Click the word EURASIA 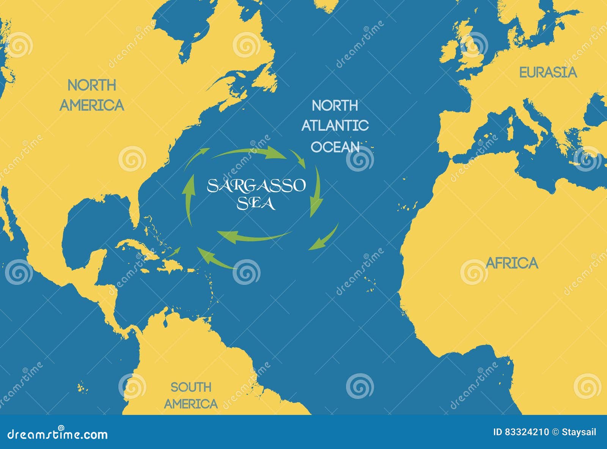point(548,72)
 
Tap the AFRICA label point(512,263)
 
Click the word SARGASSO point(256,186)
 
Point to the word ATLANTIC point(335,125)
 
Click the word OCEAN point(335,147)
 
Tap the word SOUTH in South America point(190,387)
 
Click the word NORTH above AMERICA point(92,86)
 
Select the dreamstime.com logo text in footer point(57,434)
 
